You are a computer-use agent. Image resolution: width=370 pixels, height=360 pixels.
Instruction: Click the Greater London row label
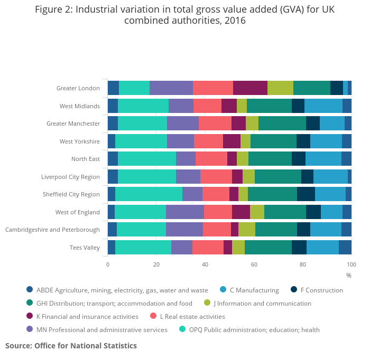click(78, 88)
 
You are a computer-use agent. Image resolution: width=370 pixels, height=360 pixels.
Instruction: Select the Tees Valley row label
click(85, 248)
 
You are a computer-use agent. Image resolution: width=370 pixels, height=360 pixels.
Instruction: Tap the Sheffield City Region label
click(71, 194)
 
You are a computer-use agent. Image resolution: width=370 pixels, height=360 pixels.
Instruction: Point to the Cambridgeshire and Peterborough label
click(52, 230)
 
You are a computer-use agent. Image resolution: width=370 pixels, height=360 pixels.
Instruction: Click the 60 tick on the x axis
click(254, 264)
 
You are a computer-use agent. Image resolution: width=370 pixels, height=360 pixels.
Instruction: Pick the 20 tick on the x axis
click(156, 264)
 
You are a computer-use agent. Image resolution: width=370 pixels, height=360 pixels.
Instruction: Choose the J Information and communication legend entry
click(262, 303)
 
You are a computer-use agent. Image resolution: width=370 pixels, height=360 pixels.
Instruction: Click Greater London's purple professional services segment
click(171, 88)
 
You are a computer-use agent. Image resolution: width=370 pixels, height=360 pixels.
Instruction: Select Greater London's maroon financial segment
click(250, 88)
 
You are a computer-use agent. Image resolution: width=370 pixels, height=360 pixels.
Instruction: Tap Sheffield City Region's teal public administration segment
click(149, 194)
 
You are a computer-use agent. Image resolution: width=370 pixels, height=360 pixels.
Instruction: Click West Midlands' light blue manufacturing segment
click(323, 106)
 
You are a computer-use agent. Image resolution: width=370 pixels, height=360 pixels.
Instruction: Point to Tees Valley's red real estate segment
click(208, 247)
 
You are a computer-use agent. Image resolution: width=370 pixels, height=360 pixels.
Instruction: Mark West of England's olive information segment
click(257, 212)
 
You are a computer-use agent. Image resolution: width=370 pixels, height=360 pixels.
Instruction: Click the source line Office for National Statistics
click(71, 346)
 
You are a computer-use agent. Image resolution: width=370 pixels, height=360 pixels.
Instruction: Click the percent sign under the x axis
click(348, 275)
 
